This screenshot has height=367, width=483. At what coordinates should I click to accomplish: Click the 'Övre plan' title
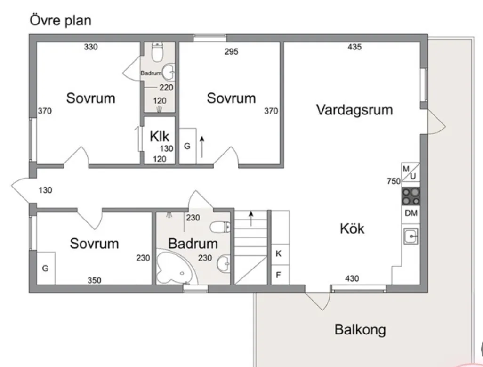click(60, 21)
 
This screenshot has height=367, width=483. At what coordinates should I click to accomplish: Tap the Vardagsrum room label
click(354, 110)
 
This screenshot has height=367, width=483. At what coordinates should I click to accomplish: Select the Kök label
click(352, 228)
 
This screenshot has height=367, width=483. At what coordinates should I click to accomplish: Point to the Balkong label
click(360, 330)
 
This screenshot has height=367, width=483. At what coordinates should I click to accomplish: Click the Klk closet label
click(160, 136)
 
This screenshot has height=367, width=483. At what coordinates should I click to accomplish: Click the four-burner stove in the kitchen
click(411, 196)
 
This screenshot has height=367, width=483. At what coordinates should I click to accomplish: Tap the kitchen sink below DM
click(411, 236)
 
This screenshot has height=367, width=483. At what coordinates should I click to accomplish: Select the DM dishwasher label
click(411, 213)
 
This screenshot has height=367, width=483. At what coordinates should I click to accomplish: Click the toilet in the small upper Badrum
click(157, 52)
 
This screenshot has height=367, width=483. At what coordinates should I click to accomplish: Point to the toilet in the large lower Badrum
click(220, 227)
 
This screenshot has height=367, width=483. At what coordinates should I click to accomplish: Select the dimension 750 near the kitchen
click(394, 181)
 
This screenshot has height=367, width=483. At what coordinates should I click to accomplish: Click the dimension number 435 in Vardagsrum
click(354, 47)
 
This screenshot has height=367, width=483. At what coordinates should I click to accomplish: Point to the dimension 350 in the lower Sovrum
click(94, 280)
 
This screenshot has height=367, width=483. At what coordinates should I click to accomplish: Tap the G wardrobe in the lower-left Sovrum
click(46, 268)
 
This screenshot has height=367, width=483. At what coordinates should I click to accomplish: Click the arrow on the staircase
click(251, 219)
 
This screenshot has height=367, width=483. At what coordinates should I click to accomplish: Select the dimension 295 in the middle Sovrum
click(231, 51)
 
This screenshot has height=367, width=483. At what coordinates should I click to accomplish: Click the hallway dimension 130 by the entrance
click(45, 190)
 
